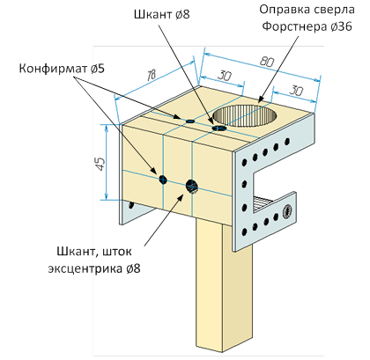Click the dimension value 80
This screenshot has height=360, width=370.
pos(266,62)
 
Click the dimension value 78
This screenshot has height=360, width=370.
pos(151,76)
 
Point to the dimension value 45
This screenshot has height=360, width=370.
pos(100,164)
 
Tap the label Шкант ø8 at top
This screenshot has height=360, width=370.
pos(162,14)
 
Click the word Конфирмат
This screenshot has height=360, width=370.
pos(53,69)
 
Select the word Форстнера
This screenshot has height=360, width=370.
pos(294,26)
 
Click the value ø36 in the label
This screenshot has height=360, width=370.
pos(341,26)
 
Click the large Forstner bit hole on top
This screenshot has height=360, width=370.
pos(244,116)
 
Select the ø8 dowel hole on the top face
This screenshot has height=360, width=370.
pos(219,128)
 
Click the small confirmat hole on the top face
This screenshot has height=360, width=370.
pos(190,121)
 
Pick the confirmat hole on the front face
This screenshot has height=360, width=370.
pos(163,180)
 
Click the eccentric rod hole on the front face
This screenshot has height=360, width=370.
pos(192,186)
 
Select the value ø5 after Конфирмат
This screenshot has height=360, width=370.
pos(98,69)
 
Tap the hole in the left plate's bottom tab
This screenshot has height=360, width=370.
pos(131,204)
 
